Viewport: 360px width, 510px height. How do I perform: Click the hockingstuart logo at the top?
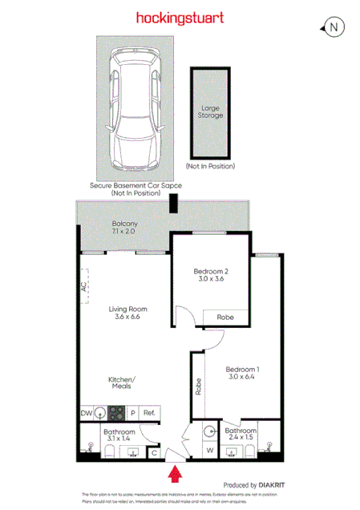tap(180, 17)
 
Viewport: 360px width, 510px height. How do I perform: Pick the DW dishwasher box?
tap(87, 414)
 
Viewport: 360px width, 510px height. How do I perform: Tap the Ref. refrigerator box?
tap(150, 414)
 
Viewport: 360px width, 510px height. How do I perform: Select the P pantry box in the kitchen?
tap(134, 414)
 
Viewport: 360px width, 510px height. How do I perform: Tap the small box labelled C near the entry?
tap(154, 452)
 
